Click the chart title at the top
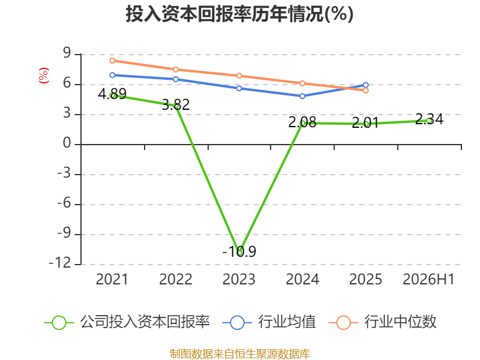239,14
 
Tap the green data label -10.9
239,251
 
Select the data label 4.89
112,94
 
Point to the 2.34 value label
429,119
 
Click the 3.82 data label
176,104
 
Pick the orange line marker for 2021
112,61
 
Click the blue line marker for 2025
365,85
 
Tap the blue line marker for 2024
302,96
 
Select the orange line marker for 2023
239,76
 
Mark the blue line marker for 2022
176,79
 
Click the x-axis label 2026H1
428,279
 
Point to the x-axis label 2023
239,279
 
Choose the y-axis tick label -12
60,263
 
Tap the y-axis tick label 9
67,53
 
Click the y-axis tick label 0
67,143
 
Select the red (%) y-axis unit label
43,76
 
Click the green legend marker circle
59,323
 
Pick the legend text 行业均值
287,322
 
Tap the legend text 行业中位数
400,322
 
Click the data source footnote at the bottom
240,354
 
